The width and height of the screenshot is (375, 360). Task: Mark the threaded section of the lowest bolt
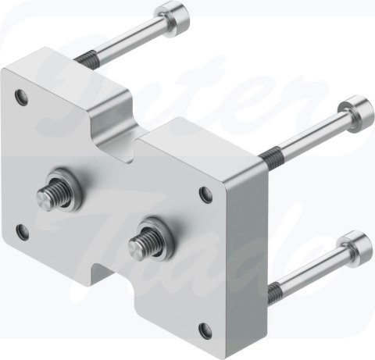(274, 294)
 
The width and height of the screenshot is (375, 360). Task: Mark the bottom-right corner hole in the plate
(206, 330)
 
